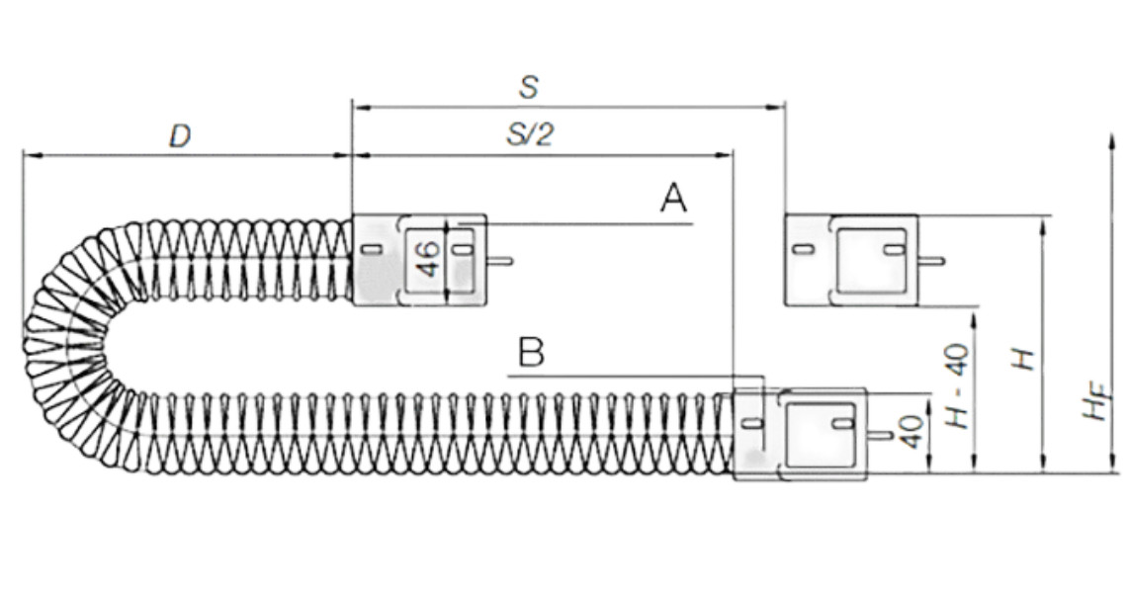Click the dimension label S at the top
(x=529, y=87)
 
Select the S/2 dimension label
(x=530, y=135)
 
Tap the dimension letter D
(x=179, y=136)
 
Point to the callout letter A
(x=673, y=200)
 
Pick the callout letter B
(x=531, y=353)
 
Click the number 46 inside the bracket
(x=427, y=259)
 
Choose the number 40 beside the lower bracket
(x=911, y=432)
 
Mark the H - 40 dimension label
(x=957, y=390)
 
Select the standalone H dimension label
(x=1025, y=357)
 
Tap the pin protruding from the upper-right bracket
(x=931, y=261)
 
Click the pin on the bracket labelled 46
(x=500, y=261)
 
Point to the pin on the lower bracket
(x=880, y=434)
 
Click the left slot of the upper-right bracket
(x=803, y=250)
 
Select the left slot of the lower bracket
(x=751, y=423)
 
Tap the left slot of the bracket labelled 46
(x=371, y=250)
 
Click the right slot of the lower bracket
(x=842, y=423)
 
